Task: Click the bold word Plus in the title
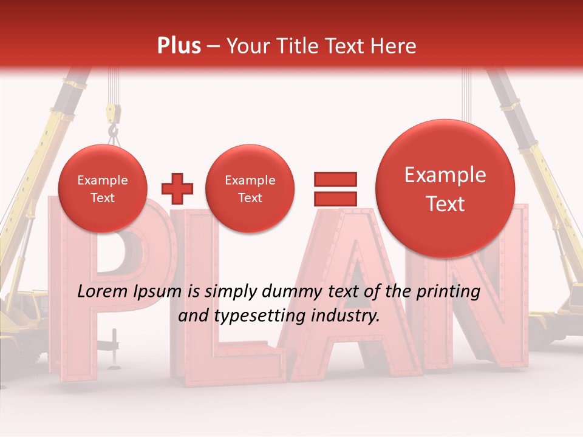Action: pyautogui.click(x=179, y=46)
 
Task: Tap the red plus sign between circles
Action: pyautogui.click(x=177, y=189)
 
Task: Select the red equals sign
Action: pyautogui.click(x=335, y=189)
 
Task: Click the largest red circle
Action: pyautogui.click(x=445, y=189)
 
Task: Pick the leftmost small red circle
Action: pyautogui.click(x=102, y=189)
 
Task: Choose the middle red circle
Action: pyautogui.click(x=250, y=189)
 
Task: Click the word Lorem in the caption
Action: pyautogui.click(x=100, y=292)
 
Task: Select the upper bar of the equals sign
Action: pyautogui.click(x=335, y=179)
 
